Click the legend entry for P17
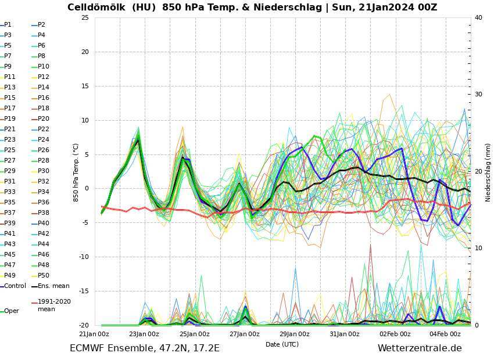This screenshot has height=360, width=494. click(x=10, y=108)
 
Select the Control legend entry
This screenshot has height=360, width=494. click(x=15, y=286)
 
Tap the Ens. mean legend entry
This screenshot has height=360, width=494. click(x=53, y=286)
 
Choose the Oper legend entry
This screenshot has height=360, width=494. click(x=11, y=311)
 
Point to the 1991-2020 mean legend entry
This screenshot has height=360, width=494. click(x=54, y=305)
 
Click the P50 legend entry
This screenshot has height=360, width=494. click(x=43, y=275)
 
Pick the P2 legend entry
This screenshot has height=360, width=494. click(x=41, y=24)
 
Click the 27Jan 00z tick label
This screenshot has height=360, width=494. click(x=244, y=334)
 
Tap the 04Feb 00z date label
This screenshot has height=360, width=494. click(x=445, y=334)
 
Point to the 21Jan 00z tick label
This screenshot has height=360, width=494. click(x=94, y=334)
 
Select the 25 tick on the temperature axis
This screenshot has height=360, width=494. click(x=85, y=17)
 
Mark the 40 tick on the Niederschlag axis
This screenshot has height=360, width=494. click(x=478, y=17)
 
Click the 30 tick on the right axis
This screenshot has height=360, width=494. click(x=478, y=95)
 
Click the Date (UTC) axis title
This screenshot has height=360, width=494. click(x=282, y=344)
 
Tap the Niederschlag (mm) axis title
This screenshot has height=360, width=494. click(x=488, y=172)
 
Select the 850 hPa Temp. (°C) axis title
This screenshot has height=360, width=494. click(x=76, y=172)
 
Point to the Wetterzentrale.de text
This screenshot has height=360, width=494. click(x=420, y=348)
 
